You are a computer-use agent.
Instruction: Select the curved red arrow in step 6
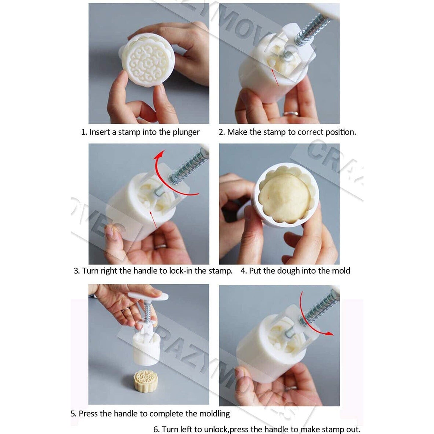(x=312, y=315)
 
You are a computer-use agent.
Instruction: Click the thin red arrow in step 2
(x=275, y=77)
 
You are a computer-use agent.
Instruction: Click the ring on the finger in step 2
(x=290, y=114)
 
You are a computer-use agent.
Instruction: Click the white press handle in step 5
(x=148, y=297)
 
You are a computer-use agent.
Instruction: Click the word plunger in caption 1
(x=186, y=132)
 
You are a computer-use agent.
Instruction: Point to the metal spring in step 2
(x=312, y=30)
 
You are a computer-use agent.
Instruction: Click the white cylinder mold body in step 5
(x=146, y=349)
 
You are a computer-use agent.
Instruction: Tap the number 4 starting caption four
(x=243, y=271)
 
